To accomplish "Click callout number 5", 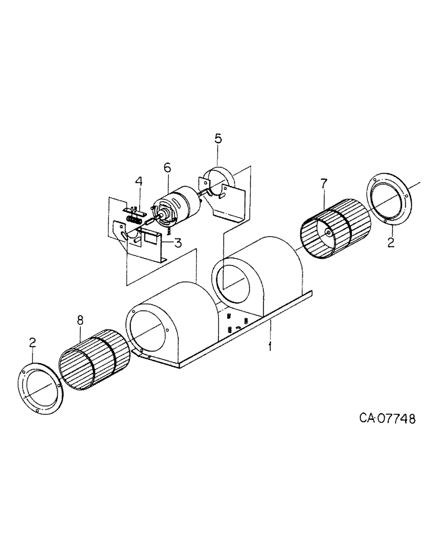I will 218,138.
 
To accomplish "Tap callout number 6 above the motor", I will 167,167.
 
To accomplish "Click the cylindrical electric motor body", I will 177,207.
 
